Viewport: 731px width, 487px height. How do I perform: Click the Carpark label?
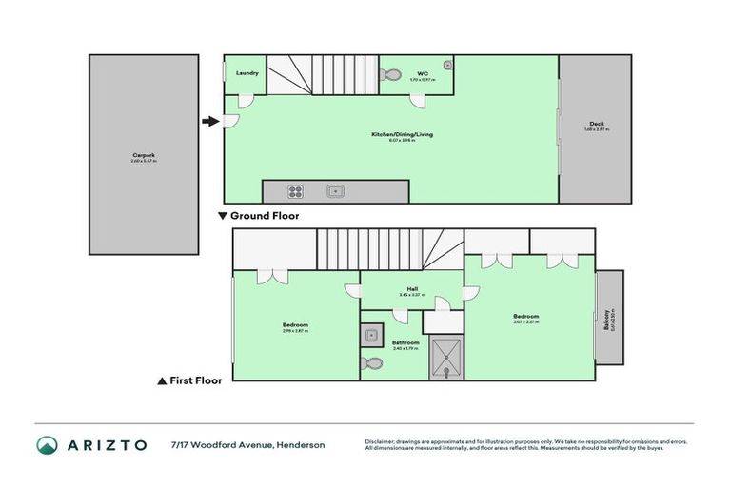144,158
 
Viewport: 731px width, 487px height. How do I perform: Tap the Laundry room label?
247,72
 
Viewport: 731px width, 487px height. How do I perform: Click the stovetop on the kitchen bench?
295,191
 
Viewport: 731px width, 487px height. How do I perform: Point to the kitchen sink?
336,191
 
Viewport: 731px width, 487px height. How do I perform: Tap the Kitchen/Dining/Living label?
402,135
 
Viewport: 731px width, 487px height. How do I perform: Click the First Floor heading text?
195,380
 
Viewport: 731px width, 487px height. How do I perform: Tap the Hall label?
411,291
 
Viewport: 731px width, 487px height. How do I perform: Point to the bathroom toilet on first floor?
372,363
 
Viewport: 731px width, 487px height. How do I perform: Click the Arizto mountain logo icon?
48,445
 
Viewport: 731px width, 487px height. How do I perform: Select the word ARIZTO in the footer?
107,445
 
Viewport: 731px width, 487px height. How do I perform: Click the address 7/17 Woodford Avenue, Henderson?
247,445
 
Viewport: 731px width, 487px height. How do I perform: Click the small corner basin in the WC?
446,66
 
